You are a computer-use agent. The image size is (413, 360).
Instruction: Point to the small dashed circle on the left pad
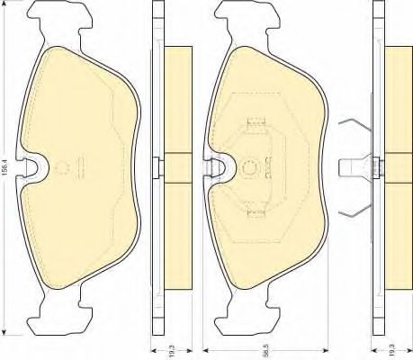[x=63, y=168]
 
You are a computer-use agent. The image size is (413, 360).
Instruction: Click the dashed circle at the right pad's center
[x=249, y=167]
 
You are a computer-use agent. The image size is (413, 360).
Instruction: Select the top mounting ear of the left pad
[x=59, y=22]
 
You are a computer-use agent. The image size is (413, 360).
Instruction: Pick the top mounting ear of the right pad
[x=247, y=22]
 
